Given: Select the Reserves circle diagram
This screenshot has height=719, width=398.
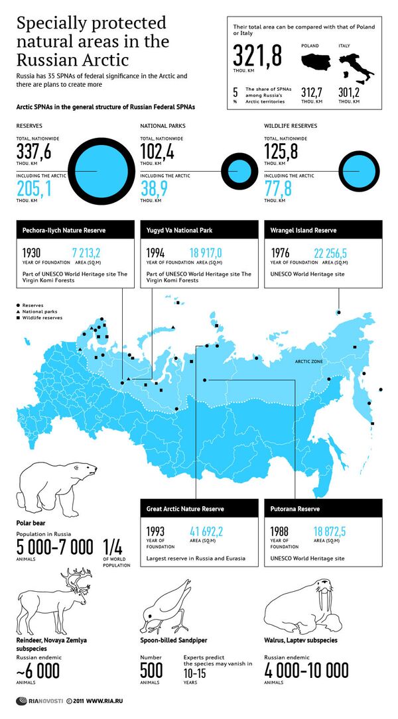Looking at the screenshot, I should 98,170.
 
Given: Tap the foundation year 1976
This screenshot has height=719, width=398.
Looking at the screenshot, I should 281,253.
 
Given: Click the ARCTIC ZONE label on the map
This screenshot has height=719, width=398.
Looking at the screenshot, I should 308,362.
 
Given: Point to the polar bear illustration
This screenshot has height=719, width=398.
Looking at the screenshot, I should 56,487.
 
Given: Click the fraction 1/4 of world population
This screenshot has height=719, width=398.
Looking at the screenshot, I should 112,547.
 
